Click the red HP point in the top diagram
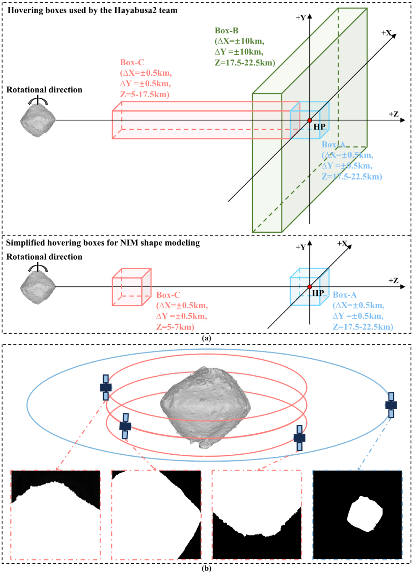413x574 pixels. pyautogui.click(x=310, y=120)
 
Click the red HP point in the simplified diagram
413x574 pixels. pyautogui.click(x=310, y=287)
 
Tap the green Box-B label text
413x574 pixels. pyautogui.click(x=226, y=31)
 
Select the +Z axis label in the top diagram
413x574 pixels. pyautogui.click(x=393, y=114)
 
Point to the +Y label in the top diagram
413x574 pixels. pyautogui.click(x=300, y=18)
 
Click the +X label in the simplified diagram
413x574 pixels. pyautogui.click(x=342, y=243)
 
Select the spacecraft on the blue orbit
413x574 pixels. pyautogui.click(x=391, y=405)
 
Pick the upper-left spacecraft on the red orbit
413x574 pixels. pyautogui.click(x=106, y=388)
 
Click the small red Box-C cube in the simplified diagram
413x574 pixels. pyautogui.click(x=131, y=287)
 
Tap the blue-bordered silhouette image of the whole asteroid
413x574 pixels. pyautogui.click(x=357, y=515)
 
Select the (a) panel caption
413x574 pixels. pyautogui.click(x=206, y=338)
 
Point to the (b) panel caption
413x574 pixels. pyautogui.click(x=206, y=568)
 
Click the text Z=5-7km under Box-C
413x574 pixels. pyautogui.click(x=175, y=327)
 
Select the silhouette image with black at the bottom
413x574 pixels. pyautogui.click(x=257, y=515)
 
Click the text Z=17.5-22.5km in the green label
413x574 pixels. pyautogui.click(x=245, y=63)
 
